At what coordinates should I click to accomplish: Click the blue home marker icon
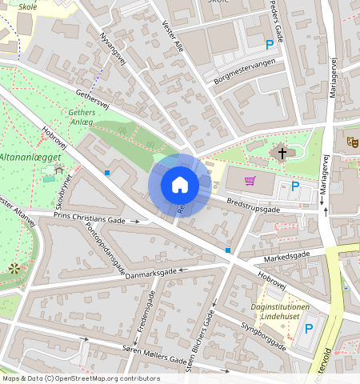click(180, 185)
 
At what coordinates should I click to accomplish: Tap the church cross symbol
click(281, 152)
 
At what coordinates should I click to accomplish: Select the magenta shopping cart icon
click(250, 181)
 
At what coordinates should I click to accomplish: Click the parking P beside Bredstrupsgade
click(295, 187)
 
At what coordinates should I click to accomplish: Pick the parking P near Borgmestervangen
click(270, 46)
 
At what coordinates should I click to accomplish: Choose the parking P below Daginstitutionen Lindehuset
click(309, 328)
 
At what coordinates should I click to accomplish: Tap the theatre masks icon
click(351, 142)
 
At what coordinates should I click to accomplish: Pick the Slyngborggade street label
click(263, 336)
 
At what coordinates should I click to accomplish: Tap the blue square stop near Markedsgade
click(228, 250)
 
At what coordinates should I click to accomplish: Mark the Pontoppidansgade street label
click(105, 247)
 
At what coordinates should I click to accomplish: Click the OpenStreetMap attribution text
click(81, 378)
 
